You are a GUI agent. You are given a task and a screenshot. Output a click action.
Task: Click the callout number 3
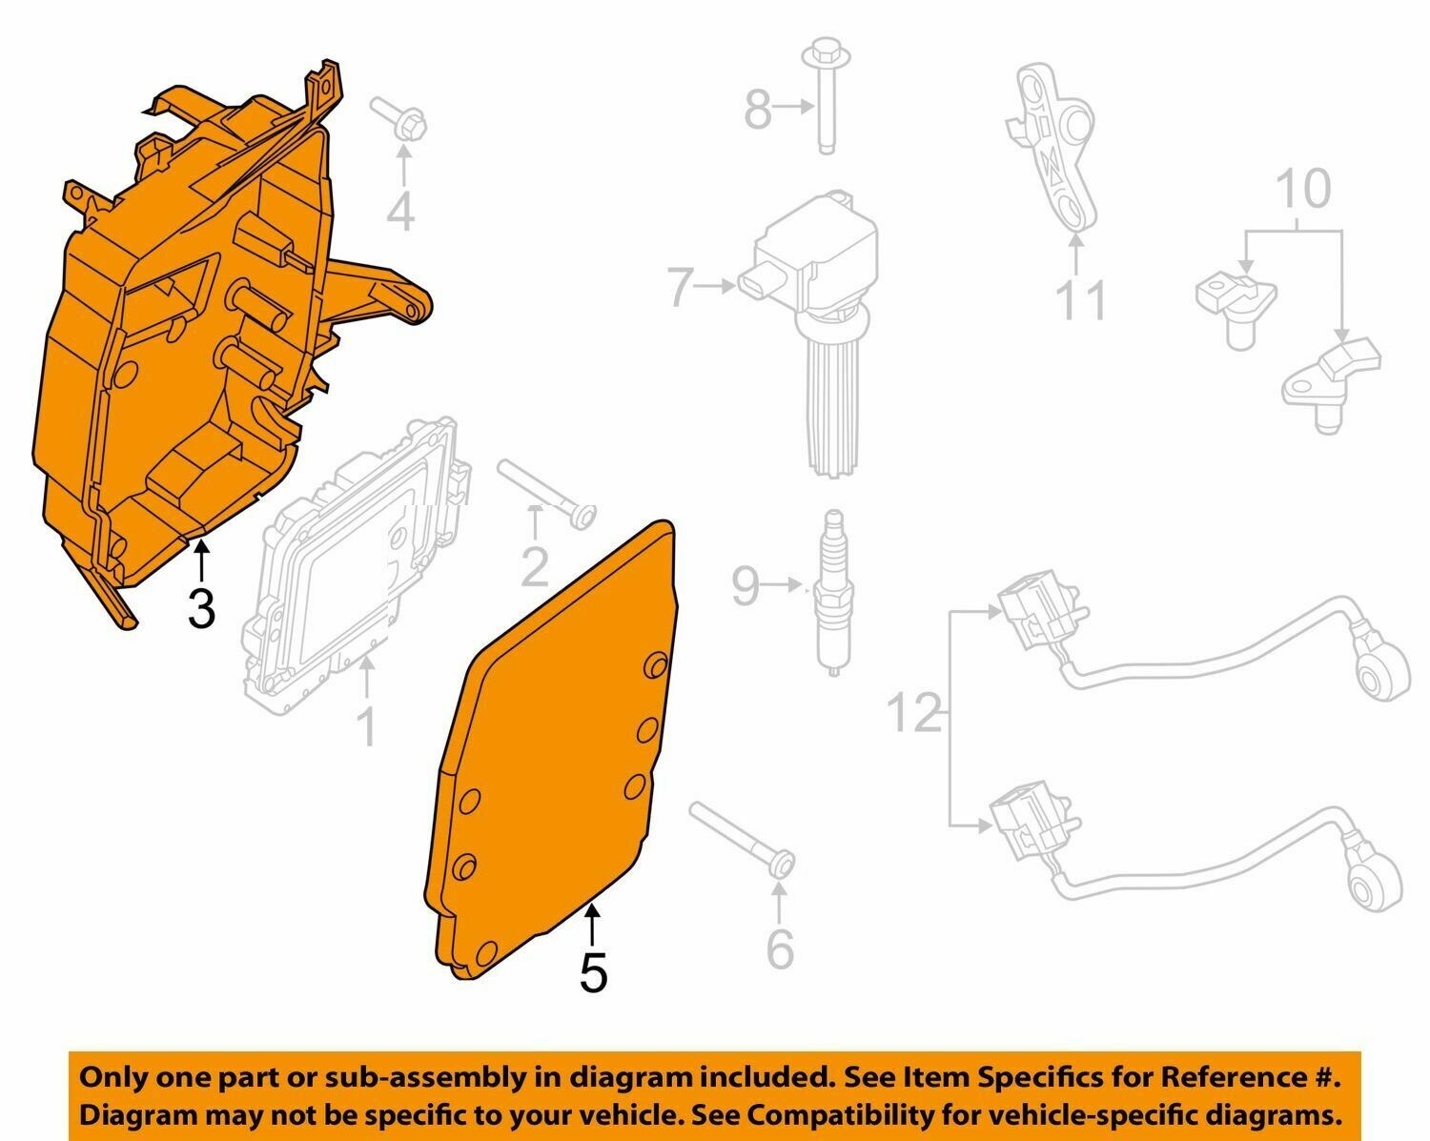coord(201,608)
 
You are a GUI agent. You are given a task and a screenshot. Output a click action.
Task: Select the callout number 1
coord(366,726)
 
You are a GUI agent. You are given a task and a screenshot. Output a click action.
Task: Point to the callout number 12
coord(914,712)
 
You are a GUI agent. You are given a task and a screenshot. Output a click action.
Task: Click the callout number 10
coord(1303,190)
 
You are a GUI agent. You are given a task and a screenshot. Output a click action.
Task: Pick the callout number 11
coord(1081,299)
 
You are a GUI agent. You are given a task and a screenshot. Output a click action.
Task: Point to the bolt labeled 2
coord(548,493)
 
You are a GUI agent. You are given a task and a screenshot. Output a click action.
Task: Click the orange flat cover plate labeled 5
coord(553,763)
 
